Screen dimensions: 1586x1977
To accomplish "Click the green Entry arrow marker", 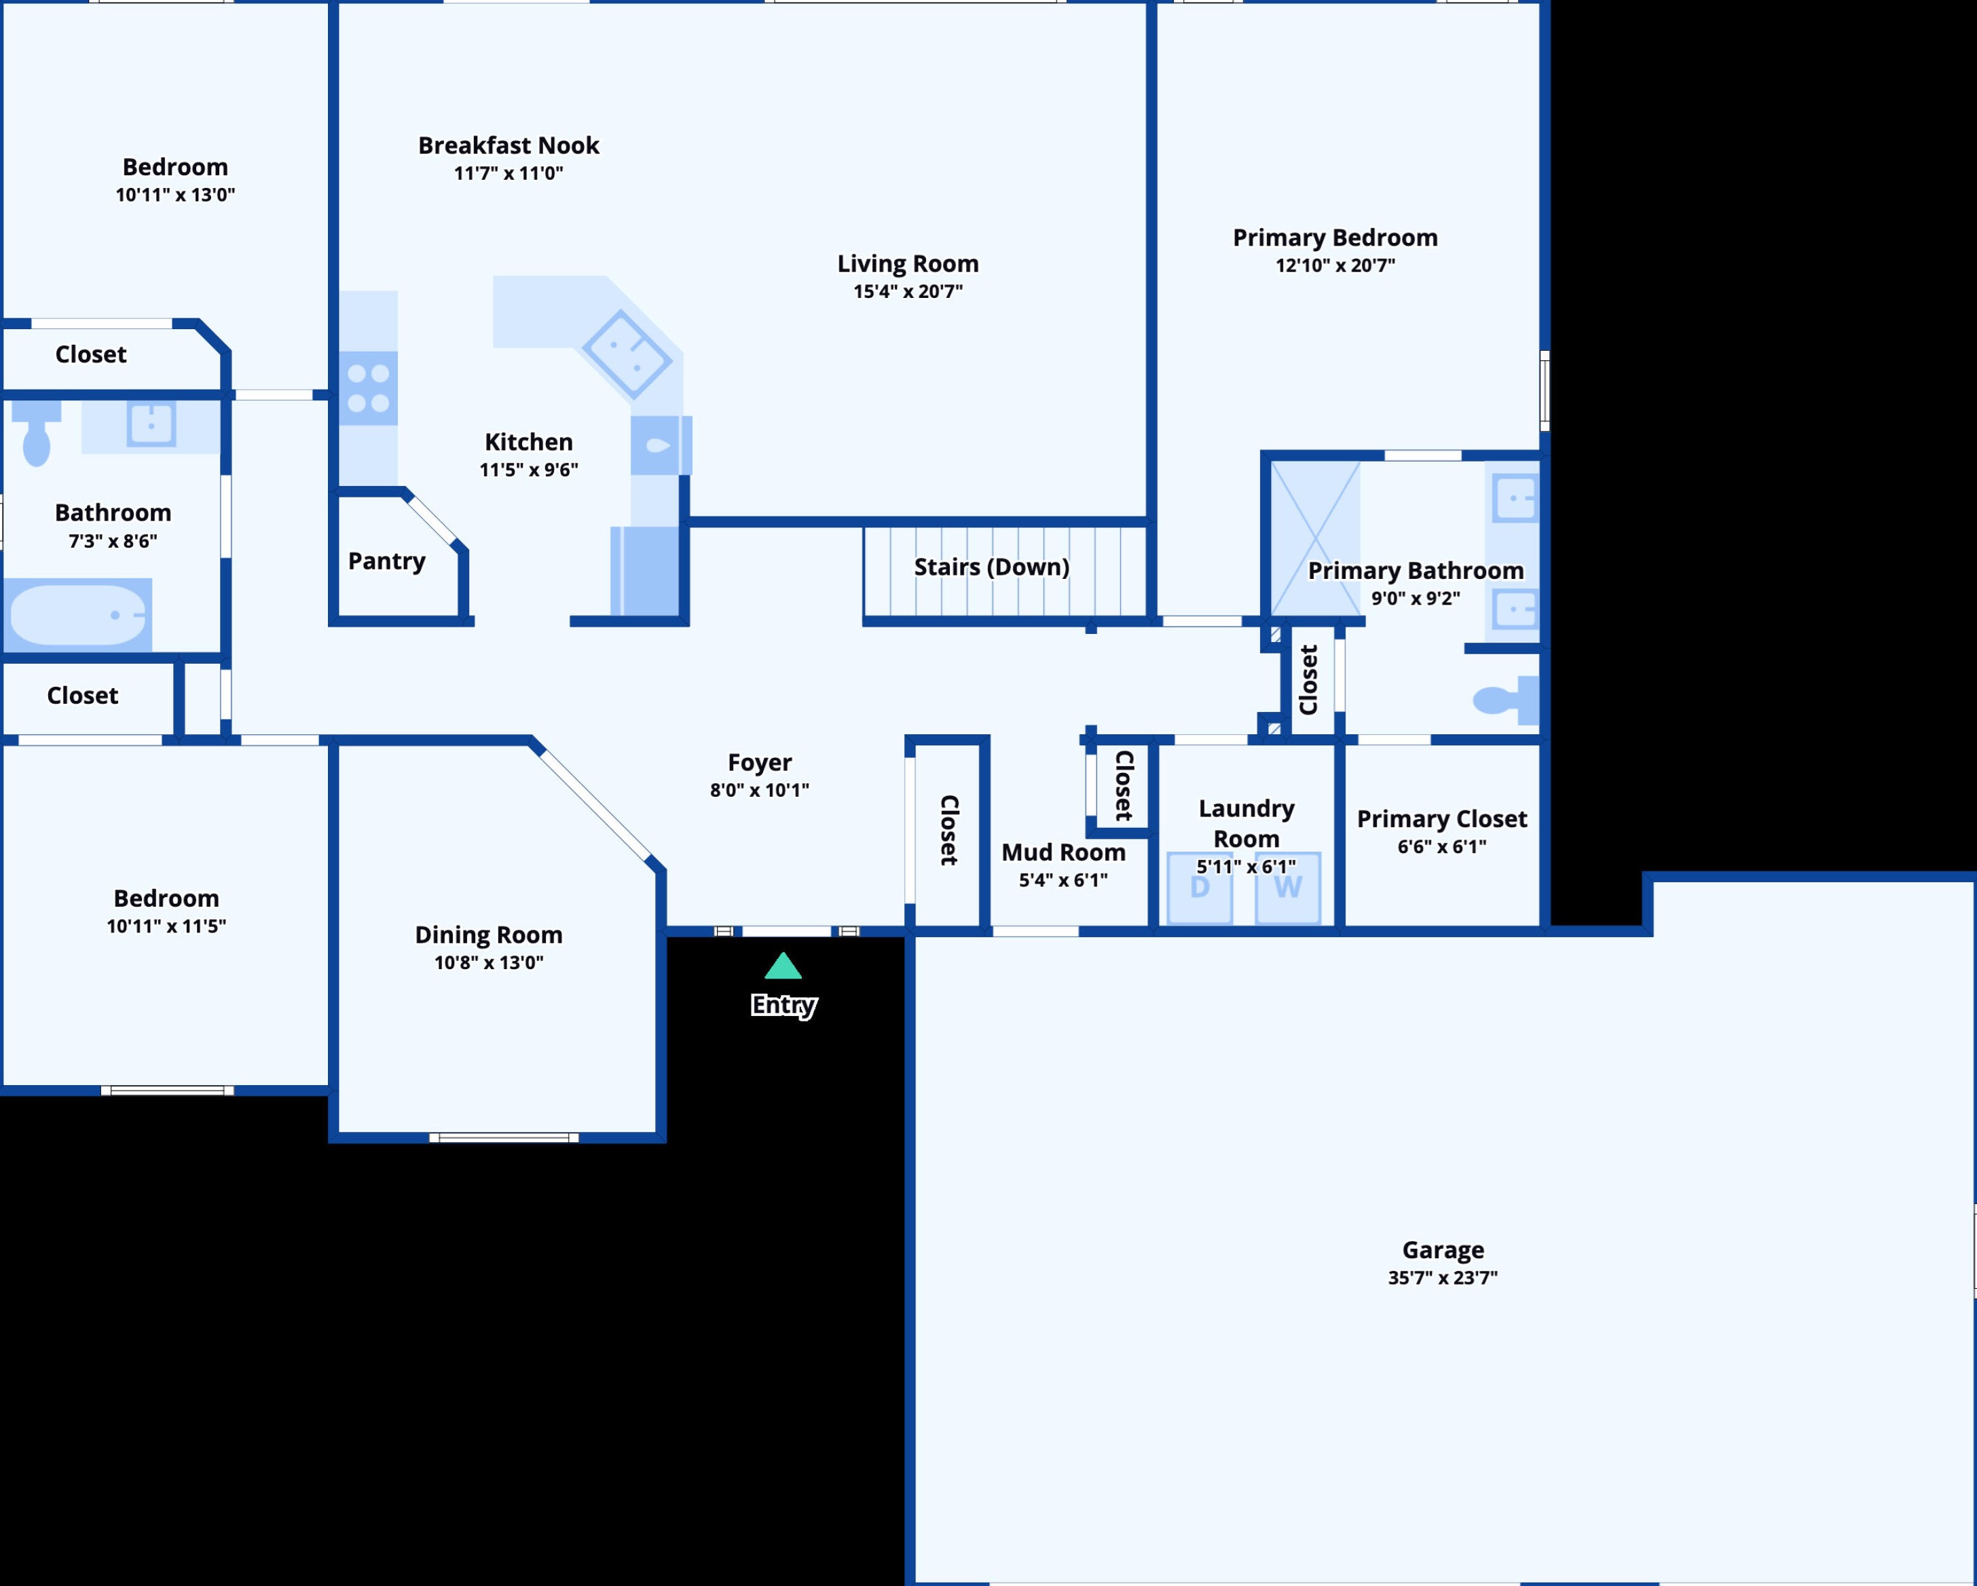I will coord(783,966).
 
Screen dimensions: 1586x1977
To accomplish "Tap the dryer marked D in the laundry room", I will coord(1200,888).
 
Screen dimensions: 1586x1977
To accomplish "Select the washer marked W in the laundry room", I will coord(1287,888).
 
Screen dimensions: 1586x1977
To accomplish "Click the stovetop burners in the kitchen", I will coord(369,388).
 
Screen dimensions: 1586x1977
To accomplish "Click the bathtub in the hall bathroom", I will coord(79,614).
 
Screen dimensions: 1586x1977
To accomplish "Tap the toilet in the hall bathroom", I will coord(37,436).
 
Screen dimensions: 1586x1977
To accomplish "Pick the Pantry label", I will coord(387,561).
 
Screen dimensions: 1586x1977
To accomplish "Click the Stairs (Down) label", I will coord(991,567).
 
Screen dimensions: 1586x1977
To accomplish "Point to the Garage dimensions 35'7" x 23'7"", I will coord(1443,1277).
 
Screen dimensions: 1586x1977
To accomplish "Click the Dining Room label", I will coord(489,934).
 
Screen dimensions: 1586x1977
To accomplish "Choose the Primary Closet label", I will coord(1441,818).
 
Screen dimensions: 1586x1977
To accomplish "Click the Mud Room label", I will coord(1063,852).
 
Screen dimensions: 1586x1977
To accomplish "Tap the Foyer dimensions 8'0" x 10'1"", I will coord(759,790).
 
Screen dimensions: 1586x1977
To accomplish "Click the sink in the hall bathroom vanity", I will coord(151,424).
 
